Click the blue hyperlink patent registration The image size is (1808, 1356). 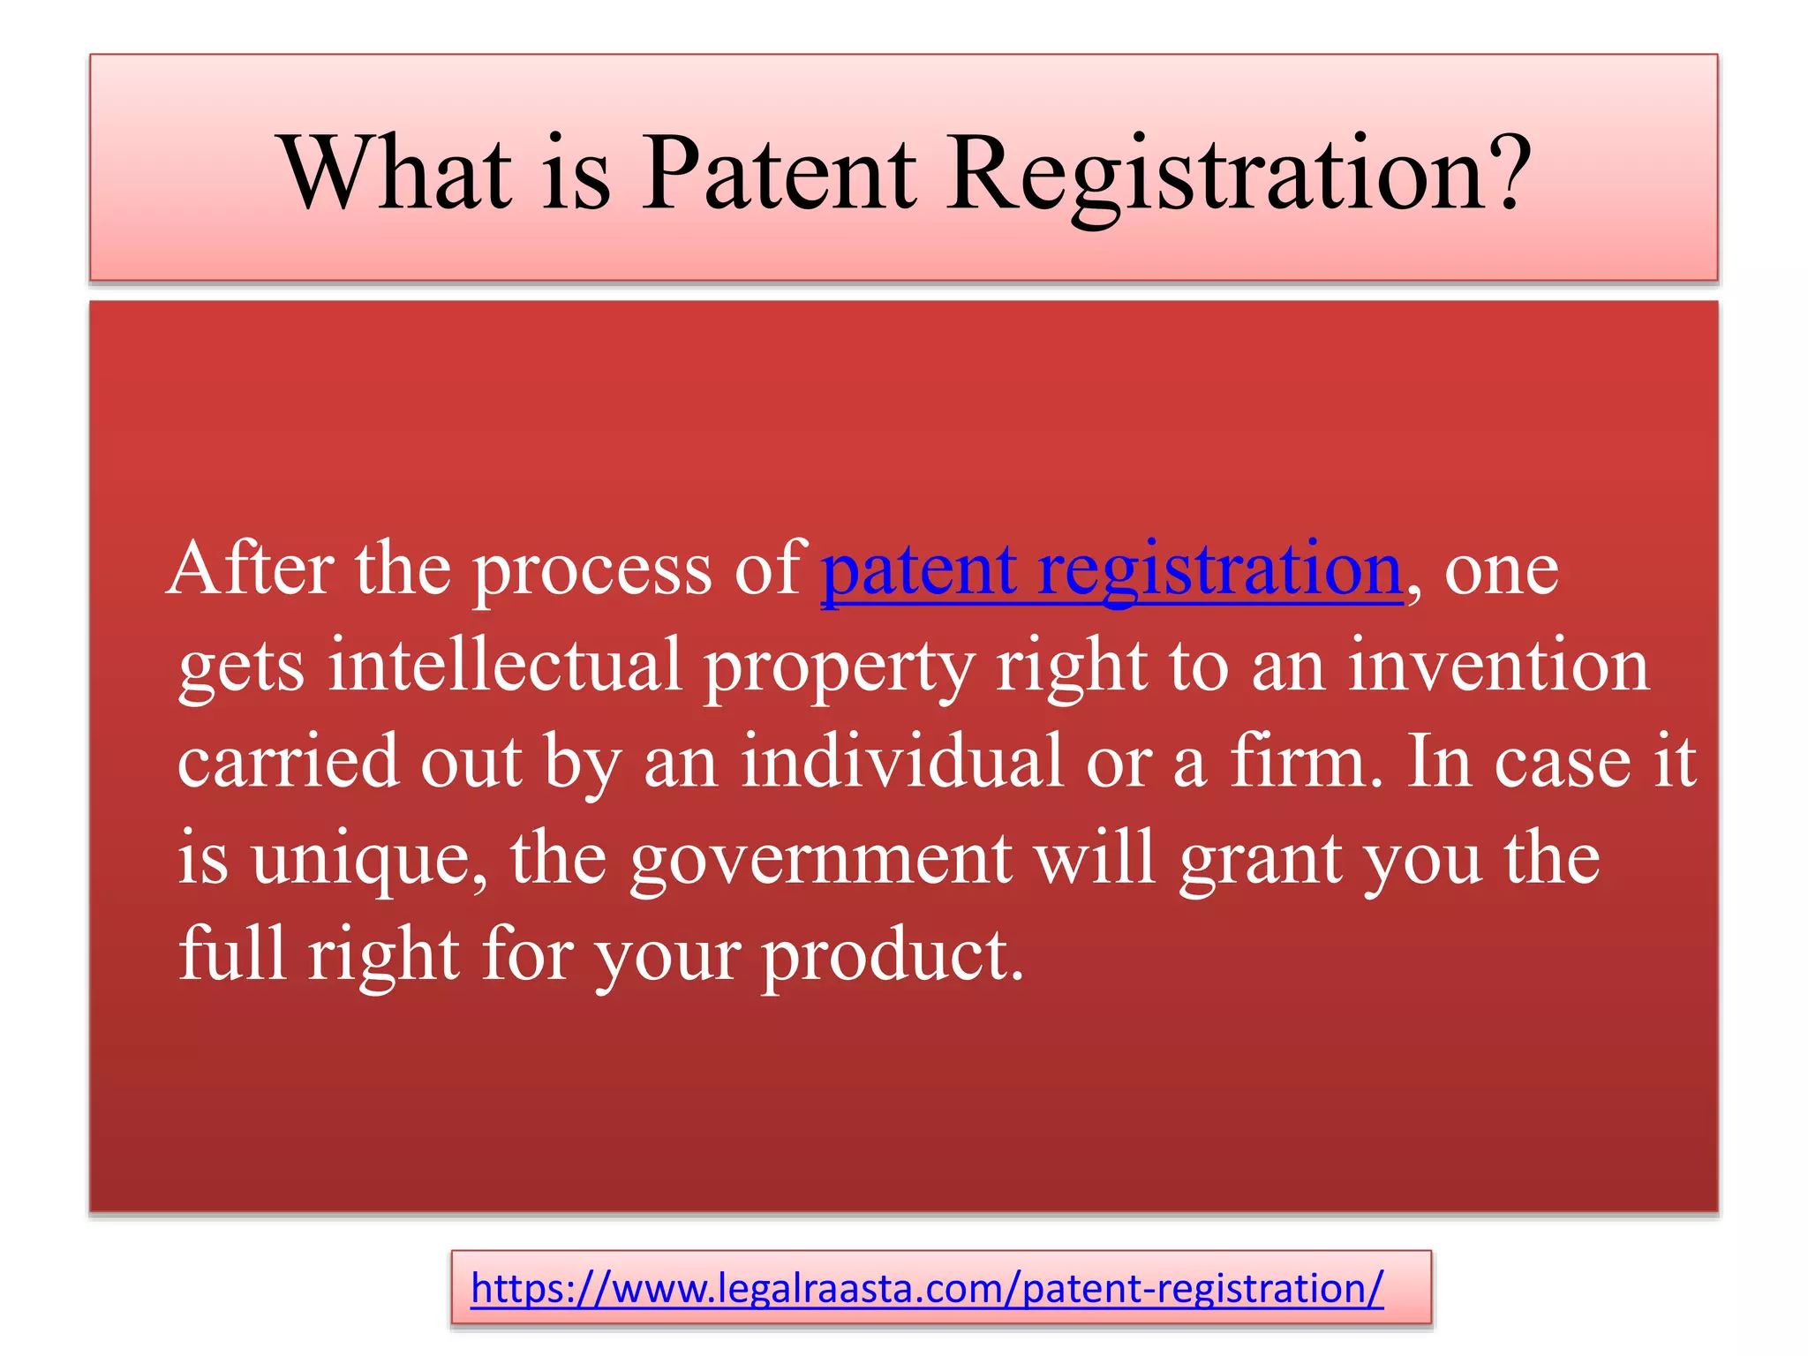(x=1111, y=570)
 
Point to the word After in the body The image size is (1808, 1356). (x=250, y=570)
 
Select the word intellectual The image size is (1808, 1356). (x=505, y=666)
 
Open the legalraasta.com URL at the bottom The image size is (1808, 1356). (x=927, y=1288)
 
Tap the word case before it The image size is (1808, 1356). (x=1562, y=763)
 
